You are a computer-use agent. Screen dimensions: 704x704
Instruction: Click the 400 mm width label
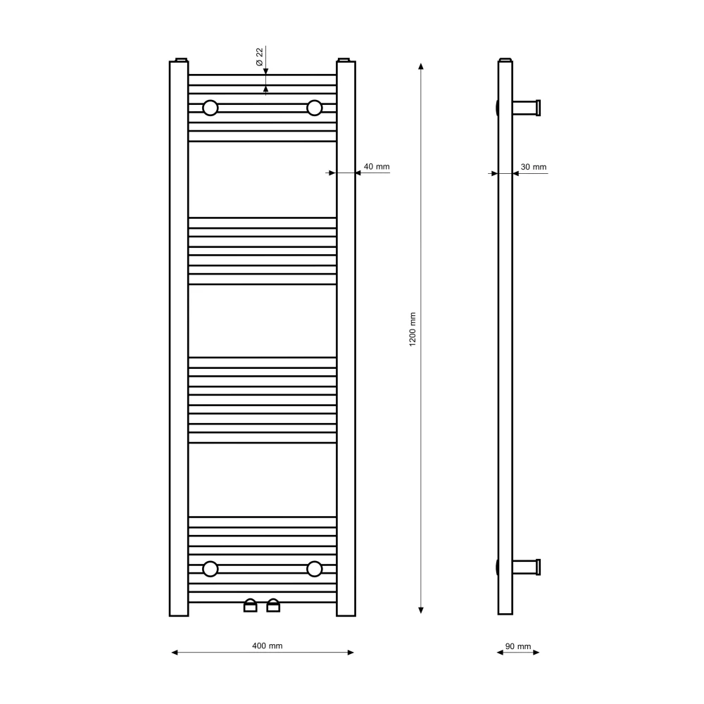(x=267, y=646)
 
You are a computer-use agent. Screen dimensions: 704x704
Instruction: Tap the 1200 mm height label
(x=413, y=329)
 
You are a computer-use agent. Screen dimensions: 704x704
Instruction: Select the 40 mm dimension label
(x=376, y=167)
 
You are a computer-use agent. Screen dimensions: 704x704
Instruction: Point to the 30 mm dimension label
(x=534, y=167)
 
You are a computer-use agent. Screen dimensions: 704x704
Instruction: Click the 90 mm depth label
(x=518, y=646)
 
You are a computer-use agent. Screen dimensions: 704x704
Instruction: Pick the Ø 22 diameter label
(x=260, y=57)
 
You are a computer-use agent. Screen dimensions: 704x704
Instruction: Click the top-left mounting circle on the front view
(x=210, y=108)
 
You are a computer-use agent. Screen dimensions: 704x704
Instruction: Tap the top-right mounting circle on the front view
(x=314, y=108)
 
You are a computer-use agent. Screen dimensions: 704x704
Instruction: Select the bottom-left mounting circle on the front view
(x=210, y=569)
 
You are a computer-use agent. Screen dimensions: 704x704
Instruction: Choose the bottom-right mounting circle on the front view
(x=314, y=569)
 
